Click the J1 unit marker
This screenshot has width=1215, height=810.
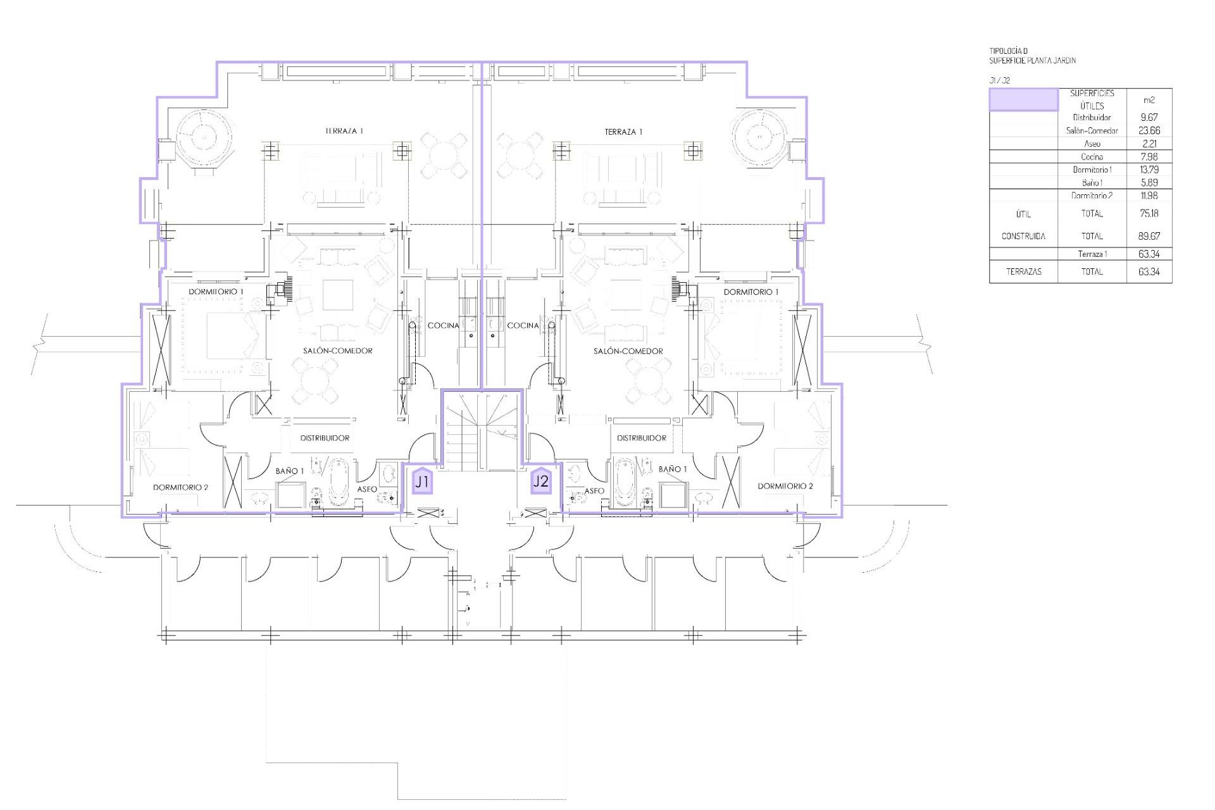pyautogui.click(x=422, y=482)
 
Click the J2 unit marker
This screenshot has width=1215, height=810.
pyautogui.click(x=541, y=481)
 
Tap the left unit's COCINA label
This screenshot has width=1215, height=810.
pyautogui.click(x=443, y=325)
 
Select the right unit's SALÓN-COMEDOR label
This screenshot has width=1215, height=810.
pyautogui.click(x=628, y=351)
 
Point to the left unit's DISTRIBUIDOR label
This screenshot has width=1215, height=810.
pyautogui.click(x=325, y=438)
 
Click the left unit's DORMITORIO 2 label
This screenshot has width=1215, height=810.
pyautogui.click(x=180, y=487)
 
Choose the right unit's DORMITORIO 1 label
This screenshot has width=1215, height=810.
pyautogui.click(x=751, y=292)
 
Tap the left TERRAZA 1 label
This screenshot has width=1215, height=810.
pyautogui.click(x=344, y=131)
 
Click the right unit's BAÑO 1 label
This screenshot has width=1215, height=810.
pyautogui.click(x=672, y=469)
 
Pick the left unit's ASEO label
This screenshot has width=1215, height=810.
pyautogui.click(x=367, y=489)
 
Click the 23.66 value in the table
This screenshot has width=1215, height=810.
pyautogui.click(x=1149, y=130)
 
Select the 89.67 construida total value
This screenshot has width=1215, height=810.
pyautogui.click(x=1149, y=236)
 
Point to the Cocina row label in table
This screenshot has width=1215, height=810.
pyautogui.click(x=1092, y=157)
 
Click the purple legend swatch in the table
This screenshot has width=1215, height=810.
pyautogui.click(x=1023, y=100)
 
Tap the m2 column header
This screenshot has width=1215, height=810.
pyautogui.click(x=1149, y=100)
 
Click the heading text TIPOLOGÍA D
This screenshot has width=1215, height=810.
pyautogui.click(x=1009, y=51)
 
